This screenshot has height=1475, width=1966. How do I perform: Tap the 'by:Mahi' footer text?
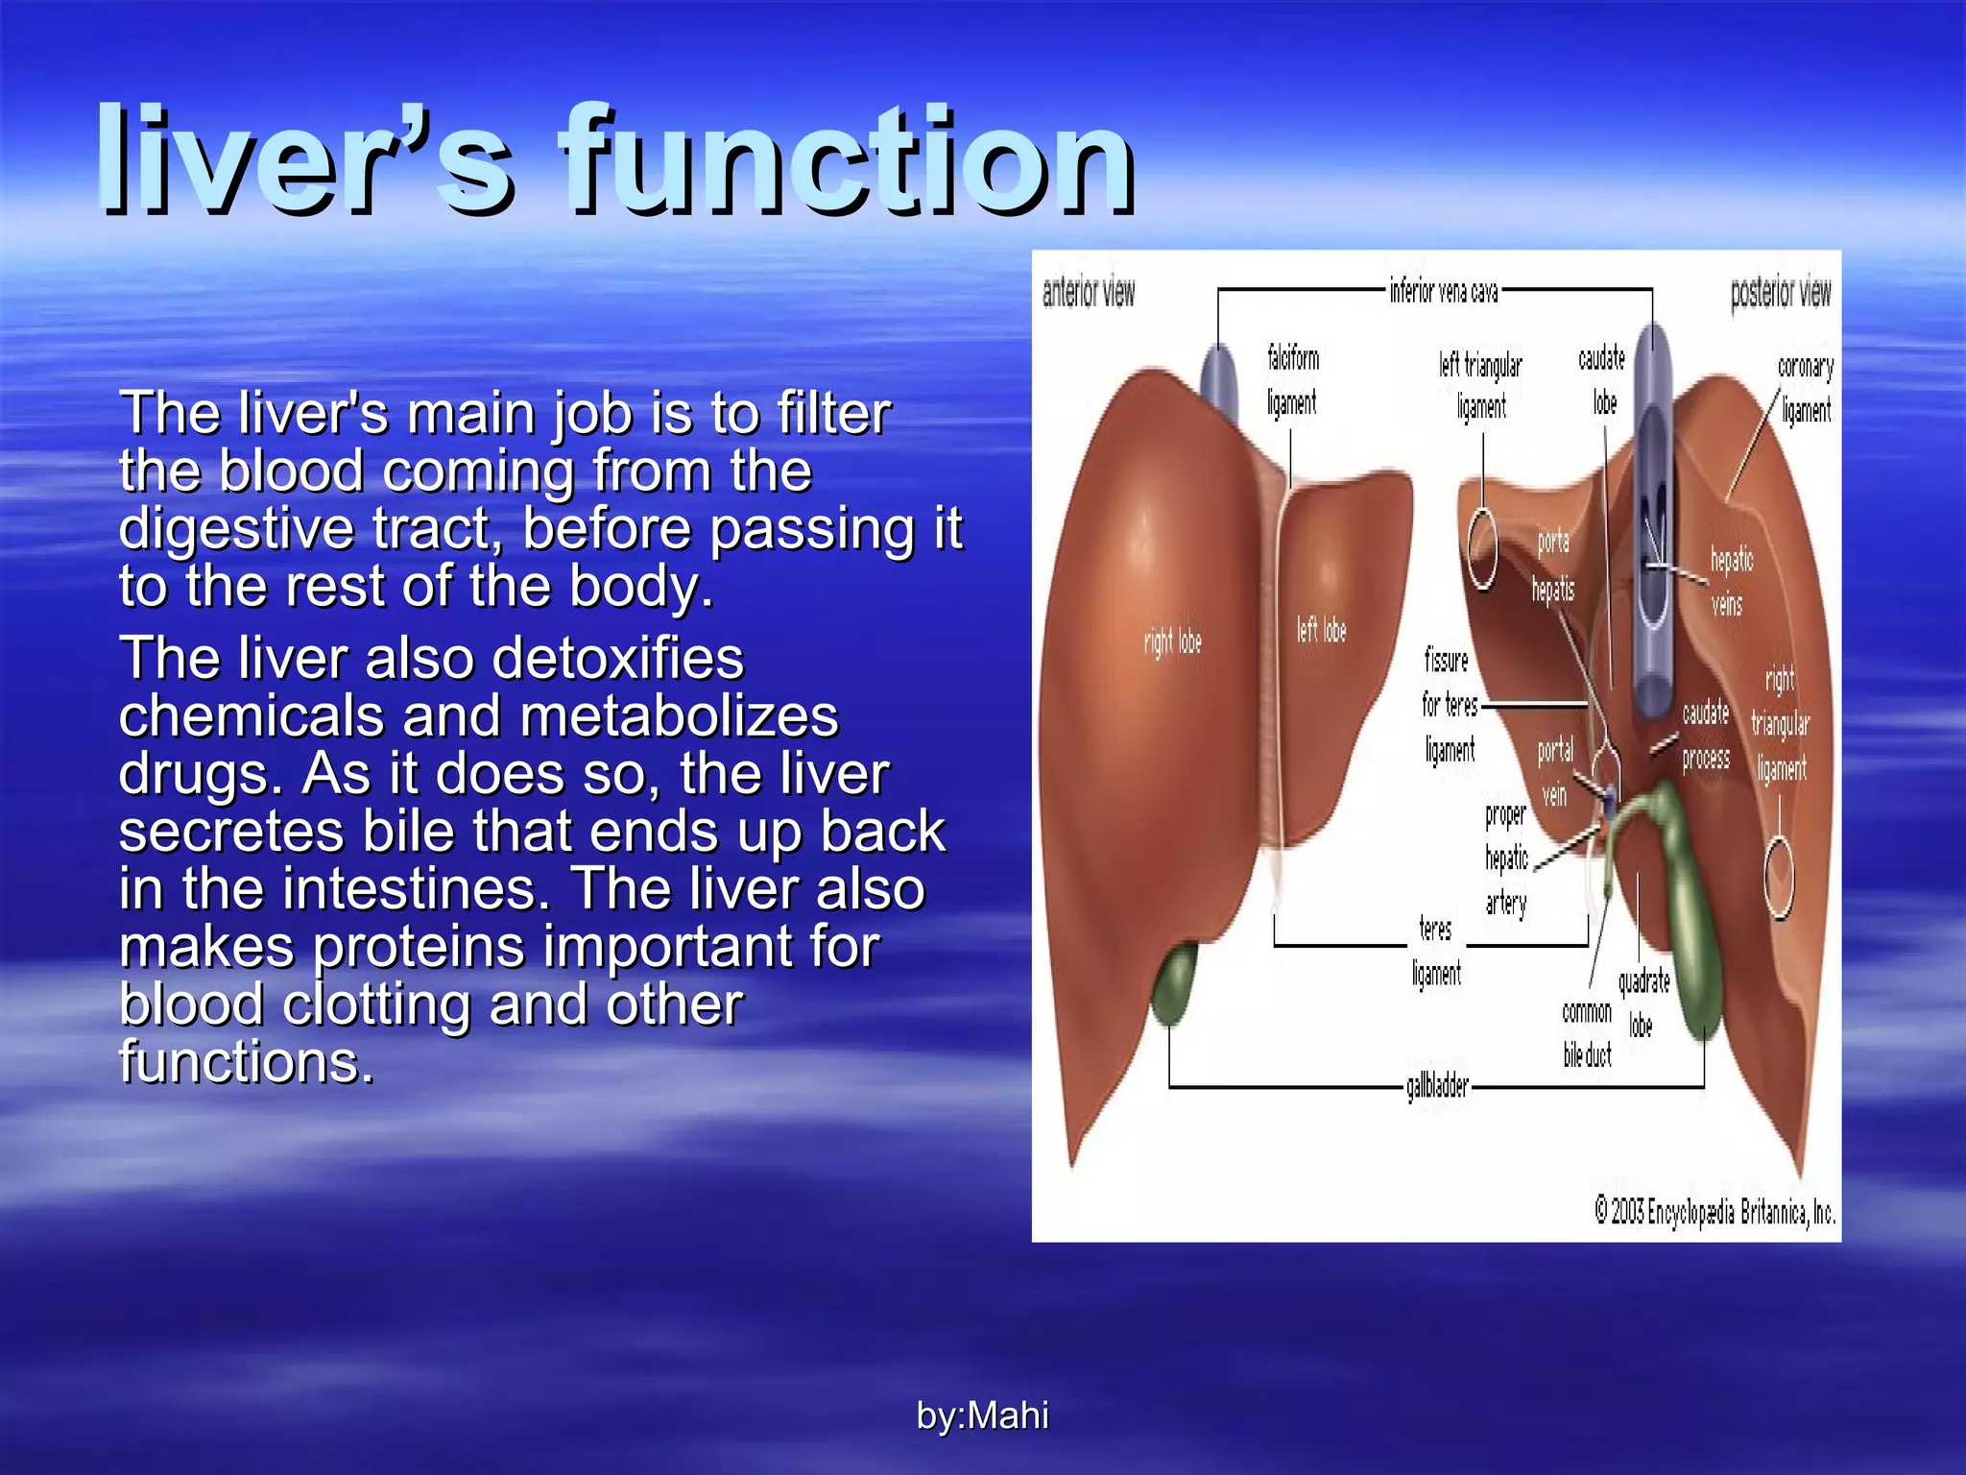pos(982,1415)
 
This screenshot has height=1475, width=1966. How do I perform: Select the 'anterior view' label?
pos(1089,292)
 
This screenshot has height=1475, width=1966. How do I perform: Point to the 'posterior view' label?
pos(1781,292)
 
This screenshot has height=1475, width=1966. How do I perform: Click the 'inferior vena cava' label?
pos(1443,290)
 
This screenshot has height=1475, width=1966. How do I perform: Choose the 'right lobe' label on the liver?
pos(1172,641)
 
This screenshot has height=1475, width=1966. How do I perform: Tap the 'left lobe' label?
pos(1321,630)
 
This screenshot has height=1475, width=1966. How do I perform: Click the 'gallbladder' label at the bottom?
pos(1437,1086)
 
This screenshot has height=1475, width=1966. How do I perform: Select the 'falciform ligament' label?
pos(1292,381)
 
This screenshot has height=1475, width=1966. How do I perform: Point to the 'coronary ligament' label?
pos(1806,388)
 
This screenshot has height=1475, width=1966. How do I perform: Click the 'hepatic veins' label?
pos(1730,581)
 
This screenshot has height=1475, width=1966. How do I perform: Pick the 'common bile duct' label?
pos(1587,1033)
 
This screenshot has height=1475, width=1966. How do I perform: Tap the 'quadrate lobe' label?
pos(1643,1003)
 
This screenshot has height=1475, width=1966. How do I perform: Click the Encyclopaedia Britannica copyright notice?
pos(1714,1213)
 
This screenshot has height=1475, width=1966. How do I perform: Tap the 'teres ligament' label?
pos(1436,952)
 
